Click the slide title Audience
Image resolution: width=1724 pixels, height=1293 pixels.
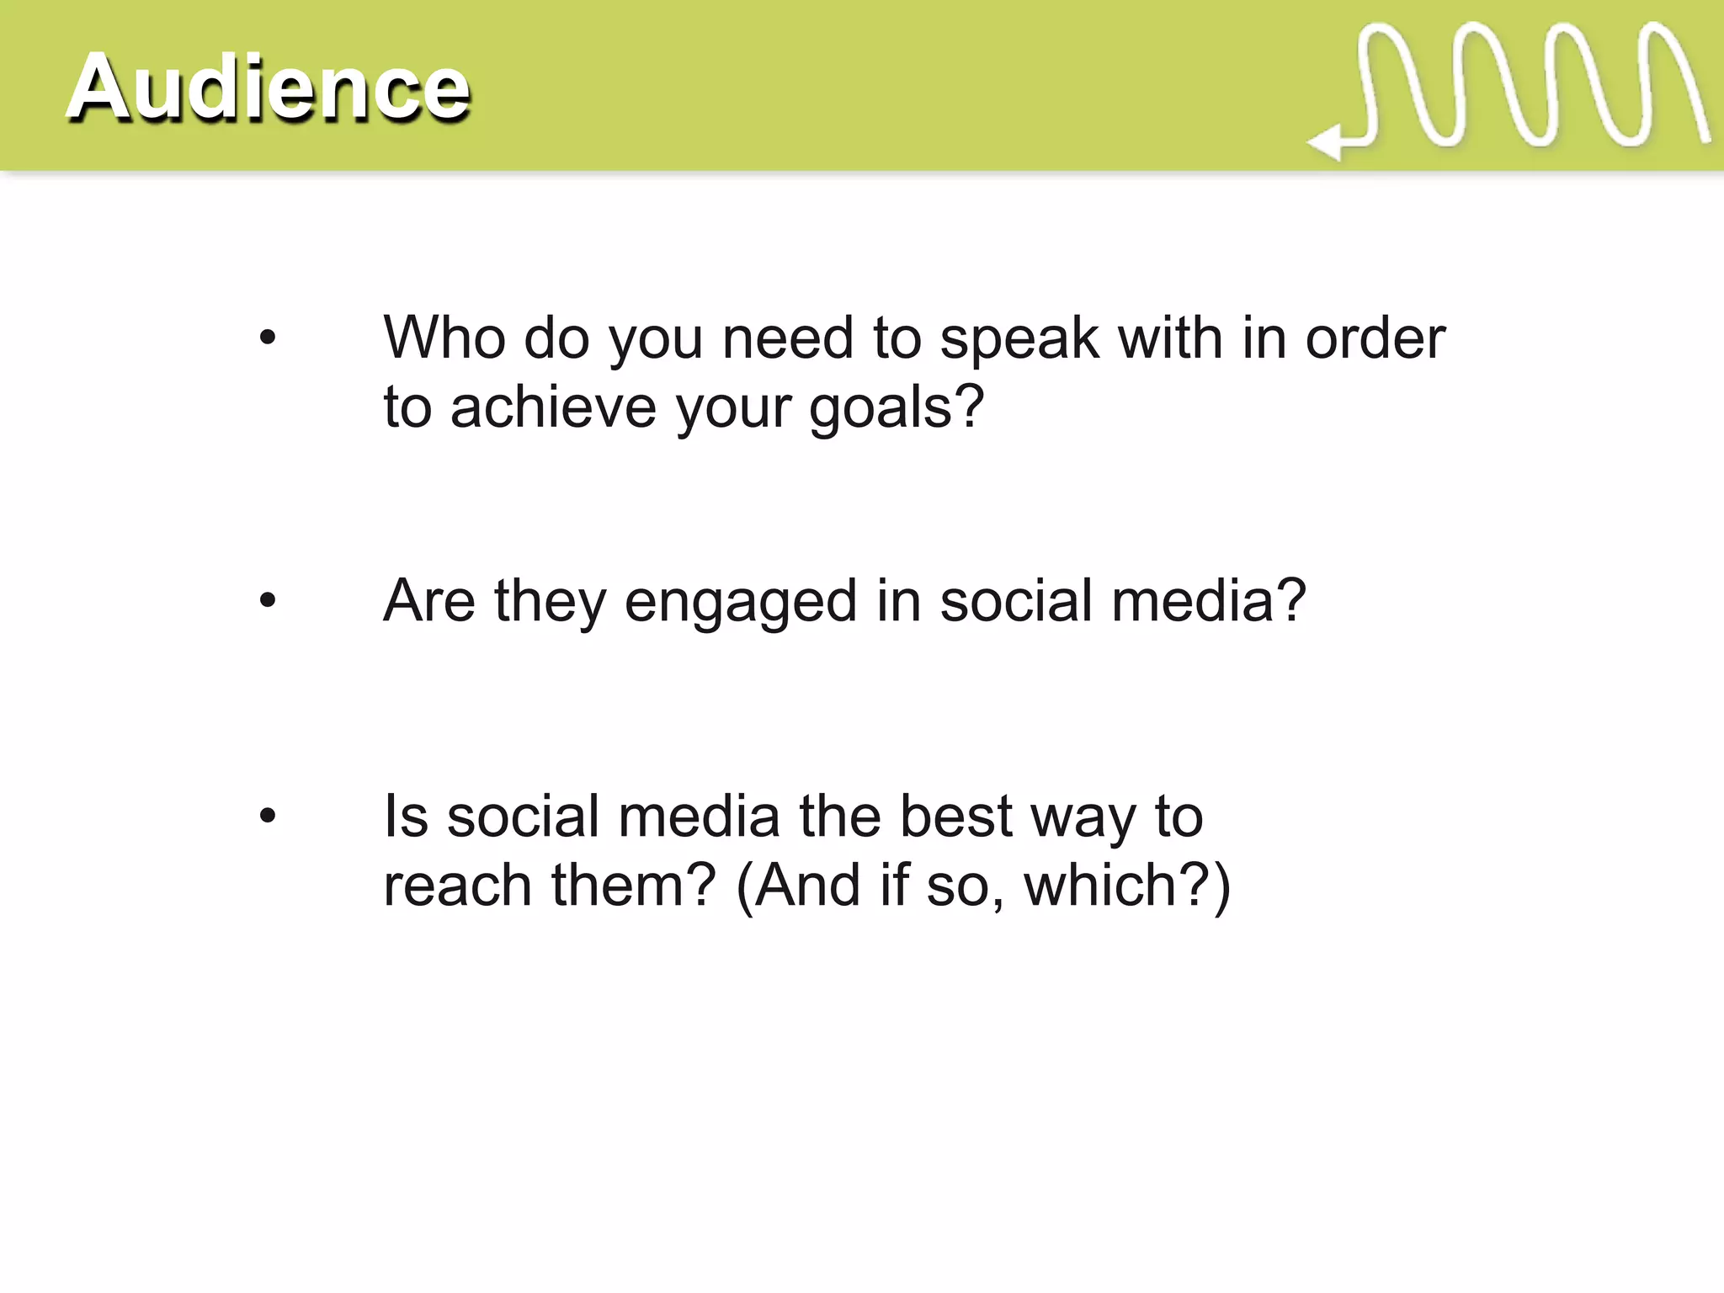(268, 88)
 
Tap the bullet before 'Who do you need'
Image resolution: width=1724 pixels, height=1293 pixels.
(268, 338)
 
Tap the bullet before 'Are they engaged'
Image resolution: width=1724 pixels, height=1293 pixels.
(268, 601)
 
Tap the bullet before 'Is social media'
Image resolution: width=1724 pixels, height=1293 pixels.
(268, 816)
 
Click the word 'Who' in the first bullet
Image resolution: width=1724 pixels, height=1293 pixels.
(443, 338)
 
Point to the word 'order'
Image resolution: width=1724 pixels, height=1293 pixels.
(1375, 338)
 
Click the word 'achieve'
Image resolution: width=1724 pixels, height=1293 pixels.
(553, 407)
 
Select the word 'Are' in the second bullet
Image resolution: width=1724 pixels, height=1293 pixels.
(428, 601)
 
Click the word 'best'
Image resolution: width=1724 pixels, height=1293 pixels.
(955, 816)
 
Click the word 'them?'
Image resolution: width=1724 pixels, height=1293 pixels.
(633, 886)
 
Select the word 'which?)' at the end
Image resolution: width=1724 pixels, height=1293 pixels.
(1127, 886)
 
